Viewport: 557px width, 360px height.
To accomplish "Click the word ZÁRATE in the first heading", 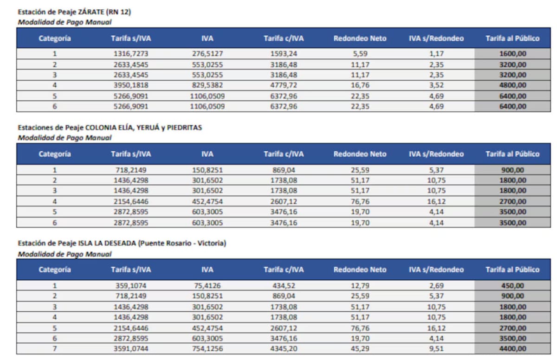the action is [x=91, y=12].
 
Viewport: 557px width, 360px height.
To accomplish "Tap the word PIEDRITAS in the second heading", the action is [x=184, y=128].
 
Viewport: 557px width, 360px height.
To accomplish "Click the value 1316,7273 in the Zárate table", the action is [x=131, y=54].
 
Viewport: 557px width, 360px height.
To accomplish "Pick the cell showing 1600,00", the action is [x=512, y=54].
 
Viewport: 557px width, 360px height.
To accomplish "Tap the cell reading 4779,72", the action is [x=284, y=85].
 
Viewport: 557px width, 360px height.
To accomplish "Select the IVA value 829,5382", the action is [x=207, y=85].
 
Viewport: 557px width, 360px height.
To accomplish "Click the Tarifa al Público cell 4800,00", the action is [x=512, y=85].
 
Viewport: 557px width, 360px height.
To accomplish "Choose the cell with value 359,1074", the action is [x=131, y=286].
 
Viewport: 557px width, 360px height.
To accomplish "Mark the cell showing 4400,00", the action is [x=512, y=348].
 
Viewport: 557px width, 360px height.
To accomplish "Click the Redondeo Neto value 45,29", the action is [x=360, y=348].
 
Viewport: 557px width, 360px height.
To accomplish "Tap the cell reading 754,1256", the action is [x=207, y=348].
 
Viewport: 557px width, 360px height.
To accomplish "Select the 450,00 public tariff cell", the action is [x=512, y=286].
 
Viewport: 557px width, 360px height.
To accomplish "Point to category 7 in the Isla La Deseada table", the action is [x=55, y=348].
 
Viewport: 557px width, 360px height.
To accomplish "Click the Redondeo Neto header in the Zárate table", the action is [x=360, y=38].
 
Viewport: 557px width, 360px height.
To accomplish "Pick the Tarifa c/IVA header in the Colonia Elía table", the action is [x=284, y=154].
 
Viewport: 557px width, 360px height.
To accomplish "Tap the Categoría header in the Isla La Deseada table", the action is [x=55, y=270].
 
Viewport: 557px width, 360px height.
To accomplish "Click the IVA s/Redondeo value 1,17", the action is [x=436, y=54].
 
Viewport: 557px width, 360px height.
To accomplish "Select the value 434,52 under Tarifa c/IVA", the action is [x=284, y=286].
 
